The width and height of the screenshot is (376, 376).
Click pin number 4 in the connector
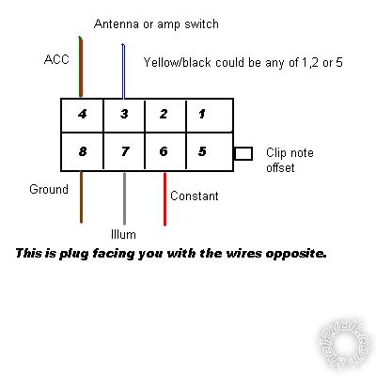pyautogui.click(x=82, y=115)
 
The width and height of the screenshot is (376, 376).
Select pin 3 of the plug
pyautogui.click(x=124, y=115)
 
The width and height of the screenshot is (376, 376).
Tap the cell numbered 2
pyautogui.click(x=165, y=115)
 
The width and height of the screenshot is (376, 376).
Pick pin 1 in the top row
pyautogui.click(x=210, y=115)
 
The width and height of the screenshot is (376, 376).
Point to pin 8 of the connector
pyautogui.click(x=82, y=151)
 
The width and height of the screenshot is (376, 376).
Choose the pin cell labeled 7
pyautogui.click(x=124, y=151)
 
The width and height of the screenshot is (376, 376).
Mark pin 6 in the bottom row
pyautogui.click(x=165, y=151)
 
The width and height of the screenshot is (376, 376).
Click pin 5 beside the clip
pyautogui.click(x=210, y=151)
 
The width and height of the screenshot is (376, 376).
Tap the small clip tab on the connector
pyautogui.click(x=243, y=153)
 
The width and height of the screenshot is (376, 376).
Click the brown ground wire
pyautogui.click(x=81, y=196)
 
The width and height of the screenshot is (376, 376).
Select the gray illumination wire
pyautogui.click(x=124, y=198)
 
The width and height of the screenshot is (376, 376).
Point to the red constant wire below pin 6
pyautogui.click(x=164, y=199)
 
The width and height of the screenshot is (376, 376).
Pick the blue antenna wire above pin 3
pyautogui.click(x=123, y=70)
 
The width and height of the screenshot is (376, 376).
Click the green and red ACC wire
pyautogui.click(x=80, y=67)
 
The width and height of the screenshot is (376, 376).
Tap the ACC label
pyautogui.click(x=56, y=59)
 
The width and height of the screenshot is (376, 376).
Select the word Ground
pyautogui.click(x=49, y=189)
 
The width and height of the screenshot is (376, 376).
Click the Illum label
pyautogui.click(x=123, y=234)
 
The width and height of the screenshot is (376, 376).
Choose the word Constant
pyautogui.click(x=195, y=196)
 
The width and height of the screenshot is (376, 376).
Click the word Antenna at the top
pyautogui.click(x=117, y=23)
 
